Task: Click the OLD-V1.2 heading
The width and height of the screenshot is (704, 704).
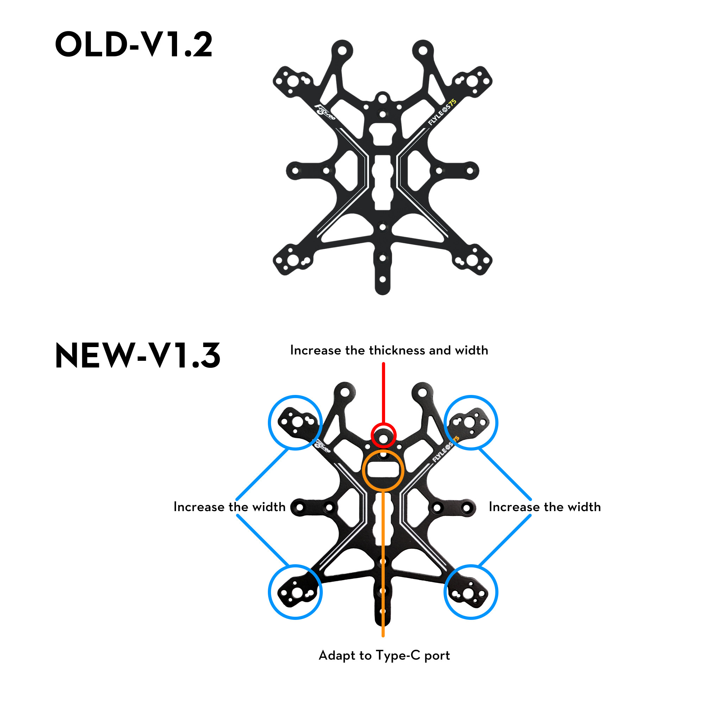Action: point(133,44)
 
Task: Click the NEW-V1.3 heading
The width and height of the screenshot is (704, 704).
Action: point(138,355)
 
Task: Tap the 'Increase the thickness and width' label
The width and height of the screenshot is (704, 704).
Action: point(389,350)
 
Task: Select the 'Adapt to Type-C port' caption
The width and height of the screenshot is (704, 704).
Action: point(384,655)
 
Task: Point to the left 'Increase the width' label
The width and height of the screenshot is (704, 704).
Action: point(229,507)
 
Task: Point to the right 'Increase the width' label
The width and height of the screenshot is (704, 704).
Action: point(545,507)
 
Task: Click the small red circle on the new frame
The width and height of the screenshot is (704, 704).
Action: point(383,425)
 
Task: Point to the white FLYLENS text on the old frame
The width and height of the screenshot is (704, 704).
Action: point(438,117)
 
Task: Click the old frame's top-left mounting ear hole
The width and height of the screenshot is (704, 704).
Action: point(342,50)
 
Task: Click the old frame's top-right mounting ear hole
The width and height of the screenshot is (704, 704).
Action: point(423,50)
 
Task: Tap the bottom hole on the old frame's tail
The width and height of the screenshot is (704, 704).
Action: point(382,279)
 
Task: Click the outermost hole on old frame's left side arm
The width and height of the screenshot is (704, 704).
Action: point(295,170)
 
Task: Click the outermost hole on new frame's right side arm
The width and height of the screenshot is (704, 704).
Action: point(466,508)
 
